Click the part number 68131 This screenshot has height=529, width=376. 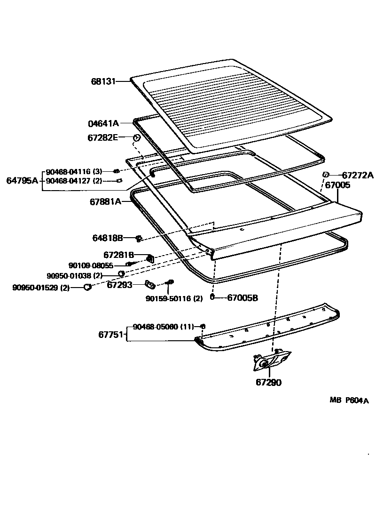pyautogui.click(x=103, y=81)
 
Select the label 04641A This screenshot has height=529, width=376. pyautogui.click(x=103, y=124)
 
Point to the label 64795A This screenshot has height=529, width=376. pyautogui.click(x=22, y=180)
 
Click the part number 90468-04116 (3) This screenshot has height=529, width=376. pyautogui.click(x=74, y=171)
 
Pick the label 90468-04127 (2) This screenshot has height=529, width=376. pyautogui.click(x=74, y=180)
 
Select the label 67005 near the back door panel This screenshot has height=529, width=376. pyautogui.click(x=337, y=185)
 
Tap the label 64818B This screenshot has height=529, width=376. pyautogui.click(x=107, y=238)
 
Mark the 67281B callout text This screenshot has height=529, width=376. pyautogui.click(x=119, y=255)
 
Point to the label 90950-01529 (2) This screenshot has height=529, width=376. pyautogui.click(x=41, y=287)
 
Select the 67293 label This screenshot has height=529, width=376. pyautogui.click(x=119, y=285)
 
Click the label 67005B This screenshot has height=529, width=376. pyautogui.click(x=243, y=297)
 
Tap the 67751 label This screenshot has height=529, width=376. pyautogui.click(x=111, y=335)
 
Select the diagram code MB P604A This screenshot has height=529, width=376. pyautogui.click(x=349, y=401)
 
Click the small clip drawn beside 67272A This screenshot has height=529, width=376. pyautogui.click(x=325, y=175)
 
